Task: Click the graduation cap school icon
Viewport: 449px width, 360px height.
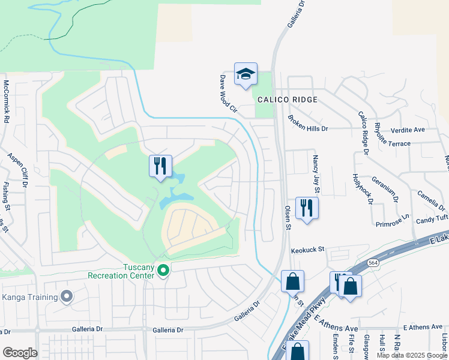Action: click(246, 74)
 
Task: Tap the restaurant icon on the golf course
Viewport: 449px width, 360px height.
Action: click(160, 166)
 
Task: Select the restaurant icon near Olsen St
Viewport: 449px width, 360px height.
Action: click(307, 208)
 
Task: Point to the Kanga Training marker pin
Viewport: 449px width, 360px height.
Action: click(67, 296)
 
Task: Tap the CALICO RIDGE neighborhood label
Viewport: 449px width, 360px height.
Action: click(288, 99)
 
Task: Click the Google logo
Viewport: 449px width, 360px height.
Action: click(20, 353)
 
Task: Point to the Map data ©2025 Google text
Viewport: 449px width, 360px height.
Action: click(411, 355)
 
